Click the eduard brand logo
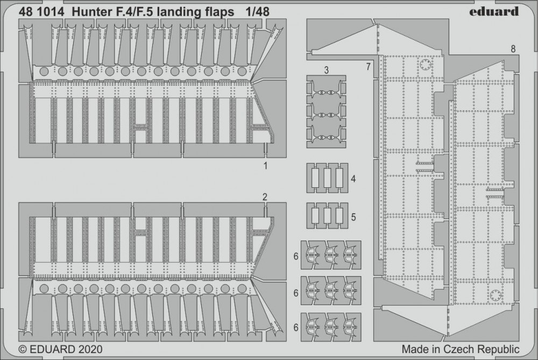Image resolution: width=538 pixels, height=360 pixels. [494, 11]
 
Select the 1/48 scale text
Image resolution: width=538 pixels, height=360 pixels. [257, 12]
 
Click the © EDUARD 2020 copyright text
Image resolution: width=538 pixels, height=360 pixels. [60, 349]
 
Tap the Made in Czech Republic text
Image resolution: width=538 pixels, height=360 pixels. [461, 349]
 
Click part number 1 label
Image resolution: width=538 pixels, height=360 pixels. [265, 166]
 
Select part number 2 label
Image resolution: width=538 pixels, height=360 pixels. [265, 197]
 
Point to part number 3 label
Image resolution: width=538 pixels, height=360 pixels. [327, 70]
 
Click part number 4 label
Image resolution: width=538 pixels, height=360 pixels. [353, 179]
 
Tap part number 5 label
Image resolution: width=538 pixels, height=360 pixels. [353, 217]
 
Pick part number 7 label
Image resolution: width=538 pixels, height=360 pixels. [369, 67]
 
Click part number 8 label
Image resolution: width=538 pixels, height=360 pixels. [513, 49]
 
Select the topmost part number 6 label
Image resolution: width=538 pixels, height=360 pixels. [296, 256]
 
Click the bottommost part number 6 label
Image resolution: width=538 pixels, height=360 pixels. [296, 328]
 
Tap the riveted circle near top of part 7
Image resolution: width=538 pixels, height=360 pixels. [425, 65]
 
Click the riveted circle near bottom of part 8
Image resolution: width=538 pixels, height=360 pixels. [495, 295]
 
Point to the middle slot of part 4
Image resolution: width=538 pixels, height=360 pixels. [327, 178]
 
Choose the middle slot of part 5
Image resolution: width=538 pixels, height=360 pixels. [327, 216]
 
